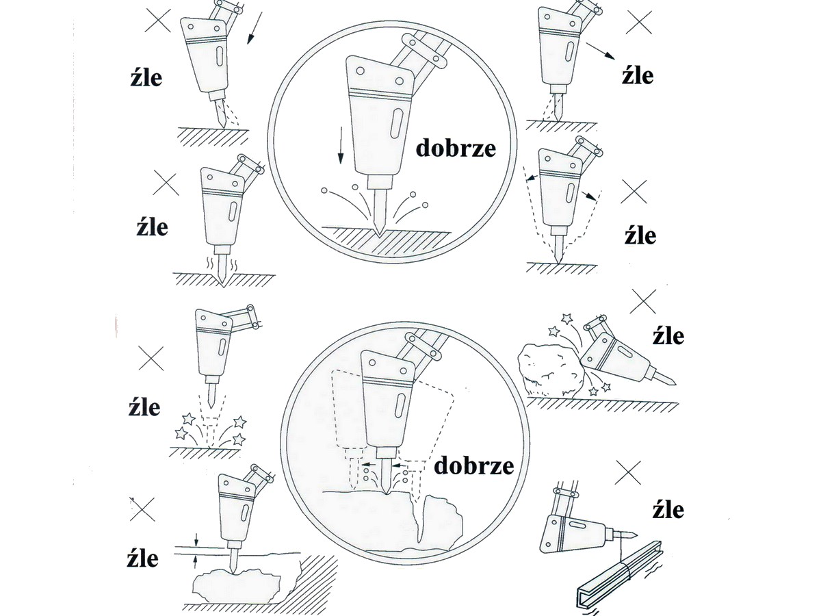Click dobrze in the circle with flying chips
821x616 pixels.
[x=456, y=149]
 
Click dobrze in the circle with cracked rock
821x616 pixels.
[x=474, y=466]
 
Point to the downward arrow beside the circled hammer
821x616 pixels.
[x=340, y=145]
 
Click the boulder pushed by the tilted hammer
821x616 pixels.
[x=551, y=371]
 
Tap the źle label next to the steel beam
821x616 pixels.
[x=668, y=511]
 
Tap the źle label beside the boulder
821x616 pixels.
[x=668, y=335]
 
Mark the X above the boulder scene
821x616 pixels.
[x=643, y=301]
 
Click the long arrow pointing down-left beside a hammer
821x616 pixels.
[x=255, y=28]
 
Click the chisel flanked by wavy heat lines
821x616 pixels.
[x=222, y=268]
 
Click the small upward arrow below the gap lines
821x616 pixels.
[x=195, y=562]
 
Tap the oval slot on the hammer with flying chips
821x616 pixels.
[x=396, y=123]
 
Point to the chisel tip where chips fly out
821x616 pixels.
[x=379, y=234]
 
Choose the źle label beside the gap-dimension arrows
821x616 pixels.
[x=142, y=559]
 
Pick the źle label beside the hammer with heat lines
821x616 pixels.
[x=153, y=227]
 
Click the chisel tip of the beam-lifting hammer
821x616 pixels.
[x=636, y=534]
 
